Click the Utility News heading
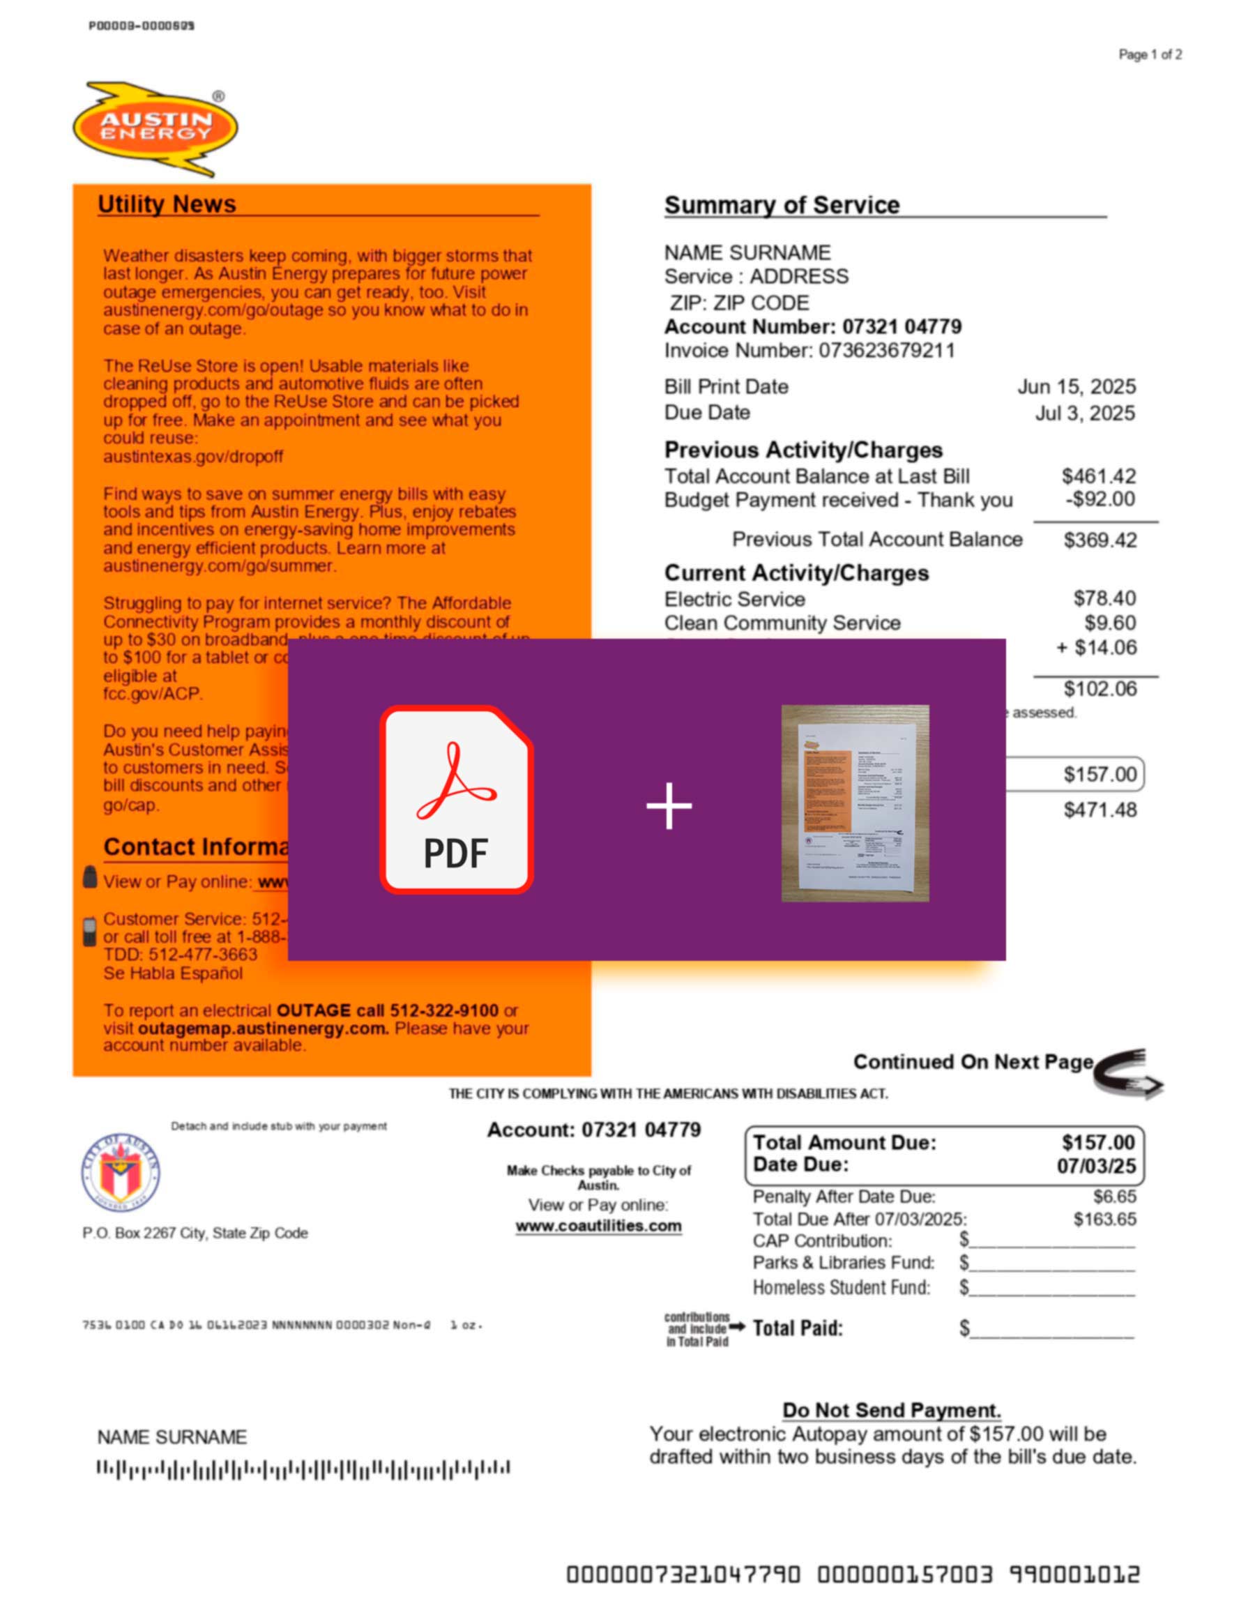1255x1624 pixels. [x=167, y=204]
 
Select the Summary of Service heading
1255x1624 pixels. [x=782, y=205]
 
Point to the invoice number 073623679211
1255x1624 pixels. [x=886, y=350]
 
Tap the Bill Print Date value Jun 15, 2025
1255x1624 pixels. [x=1076, y=387]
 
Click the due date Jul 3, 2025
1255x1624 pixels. [x=1085, y=413]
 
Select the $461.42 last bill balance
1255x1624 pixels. [x=1098, y=476]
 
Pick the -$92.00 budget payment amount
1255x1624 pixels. [x=1100, y=499]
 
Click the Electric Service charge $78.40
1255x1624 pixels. [x=1104, y=598]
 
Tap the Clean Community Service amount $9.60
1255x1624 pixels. [x=1109, y=623]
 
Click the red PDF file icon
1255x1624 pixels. [x=457, y=799]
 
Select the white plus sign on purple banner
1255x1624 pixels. [x=669, y=805]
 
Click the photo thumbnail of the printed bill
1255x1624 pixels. [x=855, y=803]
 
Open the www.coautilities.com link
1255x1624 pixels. [x=598, y=1226]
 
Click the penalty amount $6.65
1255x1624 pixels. [x=1113, y=1197]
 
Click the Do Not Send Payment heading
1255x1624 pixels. [x=892, y=1411]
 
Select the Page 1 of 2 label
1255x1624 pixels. [x=1150, y=55]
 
